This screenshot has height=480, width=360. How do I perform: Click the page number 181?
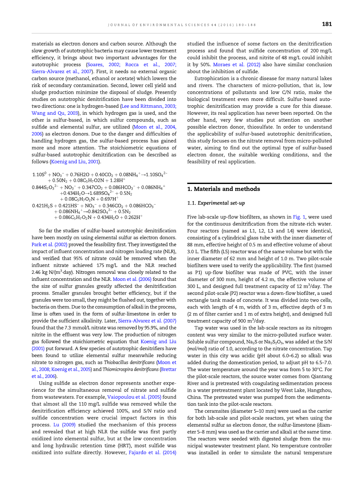pyautogui.click(x=327, y=24)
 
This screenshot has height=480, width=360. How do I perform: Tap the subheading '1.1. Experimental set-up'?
pyautogui.click(x=216, y=203)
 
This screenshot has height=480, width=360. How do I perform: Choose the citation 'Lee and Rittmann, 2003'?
pyautogui.click(x=153, y=106)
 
